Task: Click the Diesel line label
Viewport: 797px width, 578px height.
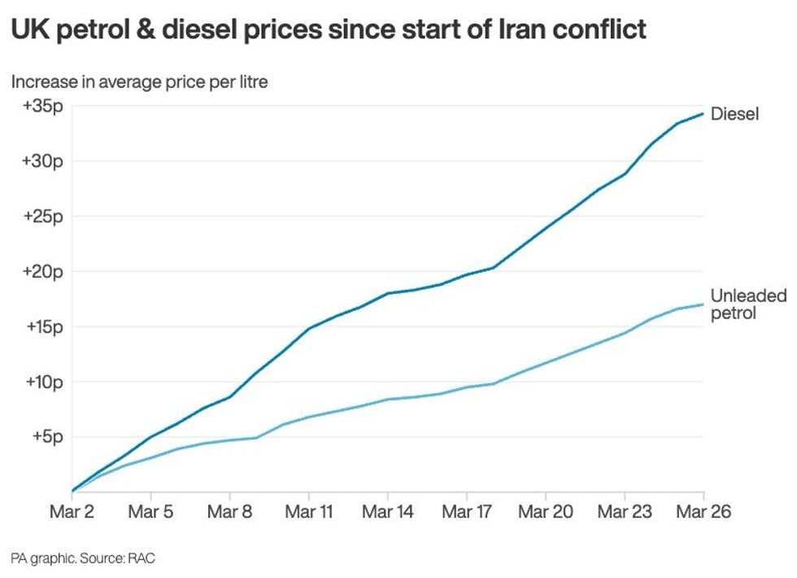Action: point(734,114)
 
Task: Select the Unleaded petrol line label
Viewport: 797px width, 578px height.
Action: point(748,304)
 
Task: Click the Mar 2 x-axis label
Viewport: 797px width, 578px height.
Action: point(72,512)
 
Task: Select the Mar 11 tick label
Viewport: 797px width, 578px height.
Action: point(309,512)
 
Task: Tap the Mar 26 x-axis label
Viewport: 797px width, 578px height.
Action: point(703,512)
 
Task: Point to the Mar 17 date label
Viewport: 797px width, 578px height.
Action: point(467,512)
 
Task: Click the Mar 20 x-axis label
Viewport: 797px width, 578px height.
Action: point(546,512)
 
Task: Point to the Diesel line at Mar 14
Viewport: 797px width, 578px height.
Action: point(388,293)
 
